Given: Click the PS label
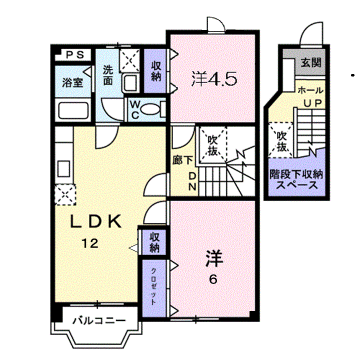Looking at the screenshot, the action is click(75, 55).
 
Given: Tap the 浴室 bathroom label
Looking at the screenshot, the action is click(72, 82).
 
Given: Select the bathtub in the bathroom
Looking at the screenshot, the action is click(73, 110).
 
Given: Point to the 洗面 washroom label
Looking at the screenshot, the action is click(108, 75).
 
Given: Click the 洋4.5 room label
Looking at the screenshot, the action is click(214, 79).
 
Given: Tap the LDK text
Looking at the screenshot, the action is click(95, 221).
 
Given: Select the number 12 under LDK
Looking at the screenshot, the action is click(90, 243).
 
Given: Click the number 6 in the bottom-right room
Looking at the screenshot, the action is click(213, 279).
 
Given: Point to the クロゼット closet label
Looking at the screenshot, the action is click(153, 286).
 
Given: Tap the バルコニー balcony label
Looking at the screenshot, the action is click(99, 320).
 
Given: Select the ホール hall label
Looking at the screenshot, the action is click(310, 90).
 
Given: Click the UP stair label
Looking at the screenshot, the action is click(312, 103).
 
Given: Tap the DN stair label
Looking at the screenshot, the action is click(192, 181).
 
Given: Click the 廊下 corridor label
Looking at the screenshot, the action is click(183, 160).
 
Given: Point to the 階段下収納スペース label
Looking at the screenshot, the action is click(296, 179).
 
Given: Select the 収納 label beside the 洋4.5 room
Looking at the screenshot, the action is click(156, 71).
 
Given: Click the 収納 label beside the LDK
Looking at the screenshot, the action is click(154, 242).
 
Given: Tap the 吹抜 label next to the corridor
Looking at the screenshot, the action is click(212, 145).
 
